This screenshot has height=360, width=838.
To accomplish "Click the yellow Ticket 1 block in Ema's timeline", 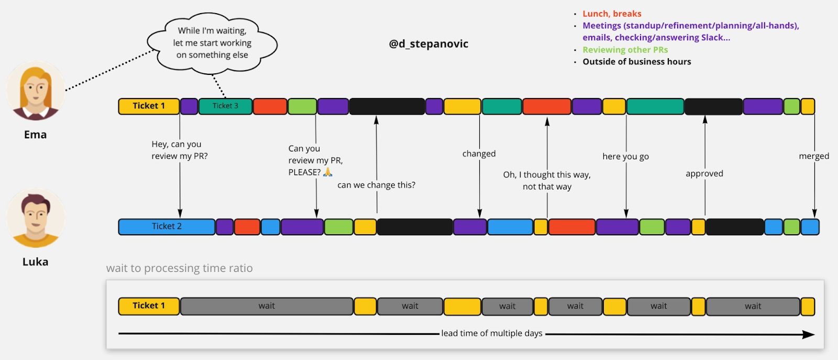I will coord(149,106).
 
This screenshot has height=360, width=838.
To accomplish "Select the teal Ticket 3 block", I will coord(225,106).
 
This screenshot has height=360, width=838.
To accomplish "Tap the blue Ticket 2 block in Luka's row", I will coord(167,226).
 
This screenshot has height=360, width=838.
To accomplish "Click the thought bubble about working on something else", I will coord(212,43).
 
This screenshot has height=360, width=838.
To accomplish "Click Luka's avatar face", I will coord(36,216).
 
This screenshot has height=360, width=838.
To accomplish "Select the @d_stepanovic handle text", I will coord(428,44).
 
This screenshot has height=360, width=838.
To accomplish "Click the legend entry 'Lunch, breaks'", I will coord(612,14).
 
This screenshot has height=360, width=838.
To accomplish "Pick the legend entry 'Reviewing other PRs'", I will coord(625,50).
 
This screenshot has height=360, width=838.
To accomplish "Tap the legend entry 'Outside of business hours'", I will coord(636,62).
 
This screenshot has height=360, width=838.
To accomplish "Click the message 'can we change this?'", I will coord(376,185).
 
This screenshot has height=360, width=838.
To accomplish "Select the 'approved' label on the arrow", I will coord(704,173).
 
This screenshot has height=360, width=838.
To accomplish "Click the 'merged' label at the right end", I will coord(813,156).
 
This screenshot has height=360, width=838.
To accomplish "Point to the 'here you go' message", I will coord(625,156).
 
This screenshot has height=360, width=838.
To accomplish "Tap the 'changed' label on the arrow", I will coord(479,154).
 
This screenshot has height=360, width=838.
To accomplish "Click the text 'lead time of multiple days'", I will coord(491,333).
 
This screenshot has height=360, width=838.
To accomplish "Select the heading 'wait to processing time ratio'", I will coord(179,268).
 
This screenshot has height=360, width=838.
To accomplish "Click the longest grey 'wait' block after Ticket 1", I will coord(267,306).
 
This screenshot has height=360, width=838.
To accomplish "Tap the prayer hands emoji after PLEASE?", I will coord(328,172).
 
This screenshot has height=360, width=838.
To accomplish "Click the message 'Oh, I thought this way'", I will coord(547,175).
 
